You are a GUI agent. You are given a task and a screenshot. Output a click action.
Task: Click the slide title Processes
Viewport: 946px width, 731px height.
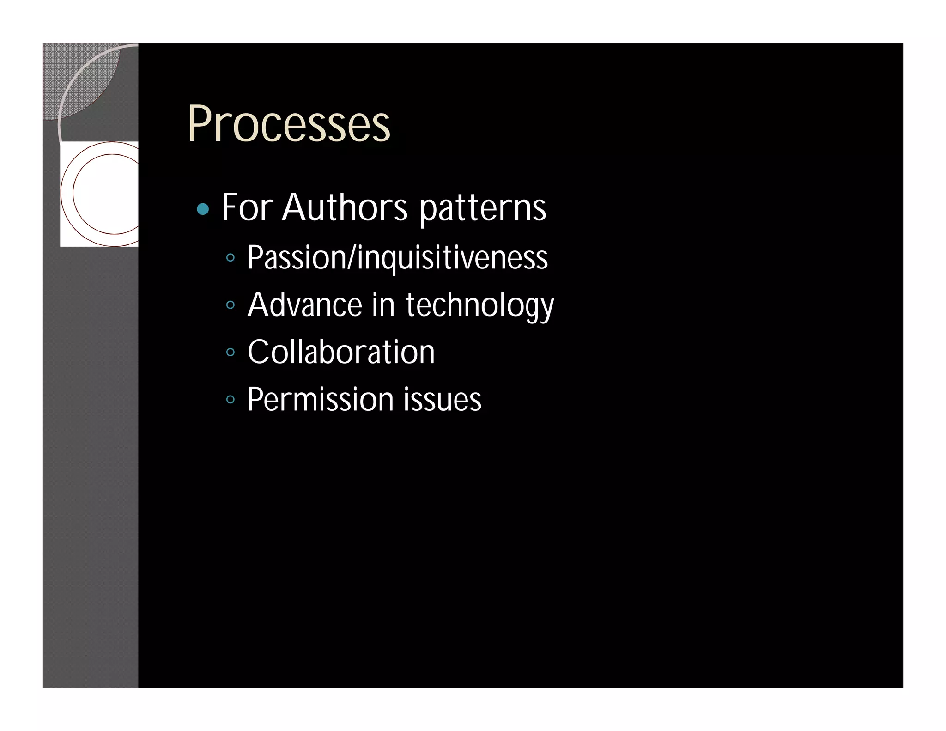tap(289, 124)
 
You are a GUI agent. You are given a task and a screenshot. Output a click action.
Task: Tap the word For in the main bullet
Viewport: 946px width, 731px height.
tap(247, 207)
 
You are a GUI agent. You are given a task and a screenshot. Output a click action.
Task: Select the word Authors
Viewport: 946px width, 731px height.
tap(345, 207)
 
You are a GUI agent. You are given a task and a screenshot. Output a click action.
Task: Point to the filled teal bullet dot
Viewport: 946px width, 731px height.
tap(203, 209)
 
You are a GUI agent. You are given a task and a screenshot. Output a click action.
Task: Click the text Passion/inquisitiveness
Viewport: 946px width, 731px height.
tap(397, 258)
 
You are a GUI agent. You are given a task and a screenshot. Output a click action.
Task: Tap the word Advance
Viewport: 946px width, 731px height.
tap(305, 305)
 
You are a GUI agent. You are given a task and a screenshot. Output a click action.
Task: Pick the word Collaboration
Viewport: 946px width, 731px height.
tap(341, 352)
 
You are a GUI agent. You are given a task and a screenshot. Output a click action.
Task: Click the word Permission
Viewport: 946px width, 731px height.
tap(320, 399)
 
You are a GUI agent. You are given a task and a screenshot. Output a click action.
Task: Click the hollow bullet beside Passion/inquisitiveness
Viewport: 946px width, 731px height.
tap(230, 257)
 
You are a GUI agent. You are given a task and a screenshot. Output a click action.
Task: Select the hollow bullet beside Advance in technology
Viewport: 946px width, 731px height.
tap(230, 305)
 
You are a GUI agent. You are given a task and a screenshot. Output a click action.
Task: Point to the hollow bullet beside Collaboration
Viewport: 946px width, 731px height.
tap(230, 352)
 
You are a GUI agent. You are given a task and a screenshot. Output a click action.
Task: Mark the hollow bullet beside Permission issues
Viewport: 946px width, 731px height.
tap(230, 399)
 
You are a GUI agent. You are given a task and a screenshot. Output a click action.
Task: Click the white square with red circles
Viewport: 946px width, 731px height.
tap(99, 194)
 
